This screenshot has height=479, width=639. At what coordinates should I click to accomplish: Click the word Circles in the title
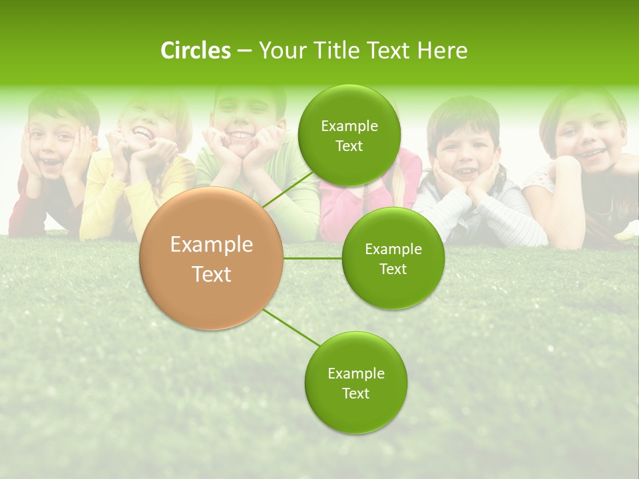pos(196,51)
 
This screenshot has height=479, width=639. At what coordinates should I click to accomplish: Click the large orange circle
pos(212,259)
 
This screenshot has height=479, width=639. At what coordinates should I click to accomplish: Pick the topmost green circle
pos(349,135)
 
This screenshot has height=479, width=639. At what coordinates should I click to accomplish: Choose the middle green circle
pos(393,258)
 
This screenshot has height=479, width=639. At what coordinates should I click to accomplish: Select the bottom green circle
pos(355,382)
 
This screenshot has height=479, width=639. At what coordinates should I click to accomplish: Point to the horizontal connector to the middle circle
pos(312,258)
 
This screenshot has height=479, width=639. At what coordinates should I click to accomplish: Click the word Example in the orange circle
pos(212,245)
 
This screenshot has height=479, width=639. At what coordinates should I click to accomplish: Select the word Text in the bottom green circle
pos(355,393)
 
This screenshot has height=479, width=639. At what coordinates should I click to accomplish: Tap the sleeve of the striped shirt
pos(519,223)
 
